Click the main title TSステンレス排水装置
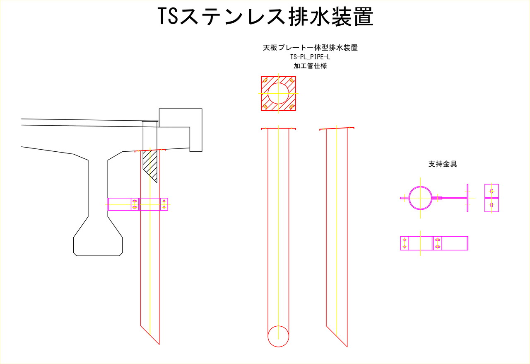pyautogui.click(x=265, y=16)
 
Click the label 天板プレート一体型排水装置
pyautogui.click(x=310, y=48)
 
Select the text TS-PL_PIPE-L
pyautogui.click(x=310, y=57)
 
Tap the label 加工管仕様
pyautogui.click(x=310, y=66)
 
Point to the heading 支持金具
pyautogui.click(x=443, y=164)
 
